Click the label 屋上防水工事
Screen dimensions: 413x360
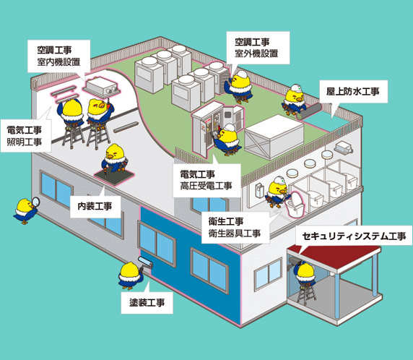pyautogui.click(x=352, y=92)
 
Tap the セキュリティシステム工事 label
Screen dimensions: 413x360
pyautogui.click(x=355, y=236)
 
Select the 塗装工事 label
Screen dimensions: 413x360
pyautogui.click(x=147, y=302)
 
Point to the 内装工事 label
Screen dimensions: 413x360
pyautogui.click(x=95, y=206)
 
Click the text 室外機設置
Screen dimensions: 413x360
pyautogui.click(x=256, y=53)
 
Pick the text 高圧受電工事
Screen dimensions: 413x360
pyautogui.click(x=206, y=186)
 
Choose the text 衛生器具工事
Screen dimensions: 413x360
pyautogui.click(x=235, y=233)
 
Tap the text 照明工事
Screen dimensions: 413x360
pyautogui.click(x=25, y=142)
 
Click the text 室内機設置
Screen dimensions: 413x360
pyautogui.click(x=58, y=62)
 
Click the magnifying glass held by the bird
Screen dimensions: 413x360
pyautogui.click(x=35, y=202)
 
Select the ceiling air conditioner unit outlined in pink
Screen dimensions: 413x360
pyautogui.click(x=102, y=86)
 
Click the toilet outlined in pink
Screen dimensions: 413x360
pyautogui.click(x=296, y=204)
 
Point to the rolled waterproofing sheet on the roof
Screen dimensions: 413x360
pyautogui.click(x=310, y=111)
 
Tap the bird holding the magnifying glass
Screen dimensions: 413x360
pyautogui.click(x=25, y=211)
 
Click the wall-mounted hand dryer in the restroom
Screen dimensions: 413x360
pyautogui.click(x=259, y=190)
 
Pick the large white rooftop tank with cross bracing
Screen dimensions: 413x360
pyautogui.click(x=274, y=137)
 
